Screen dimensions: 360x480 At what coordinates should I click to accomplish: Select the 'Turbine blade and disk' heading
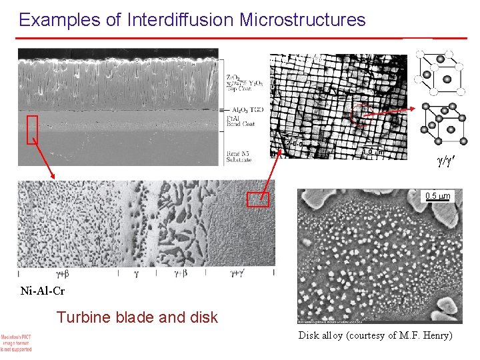pyautogui.click(x=137, y=317)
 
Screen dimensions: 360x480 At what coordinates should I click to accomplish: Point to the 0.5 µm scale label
pyautogui.click(x=438, y=196)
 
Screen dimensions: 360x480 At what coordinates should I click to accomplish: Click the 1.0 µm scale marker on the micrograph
pyautogui.click(x=372, y=152)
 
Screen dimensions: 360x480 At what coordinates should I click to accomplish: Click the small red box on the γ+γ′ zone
pyautogui.click(x=258, y=199)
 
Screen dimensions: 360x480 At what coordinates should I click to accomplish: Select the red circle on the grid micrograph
pyautogui.click(x=361, y=114)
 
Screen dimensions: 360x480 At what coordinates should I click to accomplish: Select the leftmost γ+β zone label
pyautogui.click(x=63, y=273)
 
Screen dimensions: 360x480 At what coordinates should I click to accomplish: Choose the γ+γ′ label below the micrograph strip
pyautogui.click(x=239, y=273)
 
